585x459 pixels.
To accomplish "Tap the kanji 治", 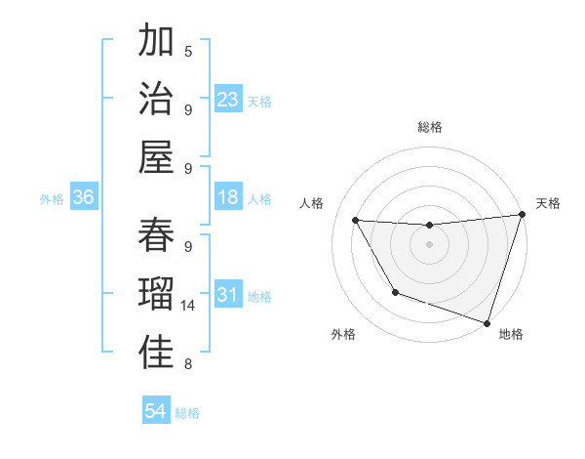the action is tap(157, 100).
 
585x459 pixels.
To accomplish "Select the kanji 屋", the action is tap(157, 157).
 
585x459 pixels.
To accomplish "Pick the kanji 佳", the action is tap(157, 353).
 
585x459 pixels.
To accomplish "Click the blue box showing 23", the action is tap(228, 99).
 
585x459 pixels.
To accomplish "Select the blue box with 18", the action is tap(228, 197).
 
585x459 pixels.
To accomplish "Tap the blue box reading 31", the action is tap(228, 295).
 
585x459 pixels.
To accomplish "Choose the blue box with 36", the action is tap(84, 197).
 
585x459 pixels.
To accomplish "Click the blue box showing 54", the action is tap(156, 411).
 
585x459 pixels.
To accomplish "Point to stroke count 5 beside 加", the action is tap(188, 51).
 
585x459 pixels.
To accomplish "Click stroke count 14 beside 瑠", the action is tap(188, 305).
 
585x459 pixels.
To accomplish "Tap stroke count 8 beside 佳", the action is tap(188, 364).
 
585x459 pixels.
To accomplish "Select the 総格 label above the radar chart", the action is tap(429, 127).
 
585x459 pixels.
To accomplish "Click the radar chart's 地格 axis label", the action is tap(511, 334).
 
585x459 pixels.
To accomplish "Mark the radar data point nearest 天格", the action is tap(522, 215).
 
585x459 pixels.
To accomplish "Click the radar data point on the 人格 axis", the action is tap(356, 221).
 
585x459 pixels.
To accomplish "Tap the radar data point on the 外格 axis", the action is tap(395, 292).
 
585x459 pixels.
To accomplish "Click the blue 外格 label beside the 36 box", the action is tap(52, 198).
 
